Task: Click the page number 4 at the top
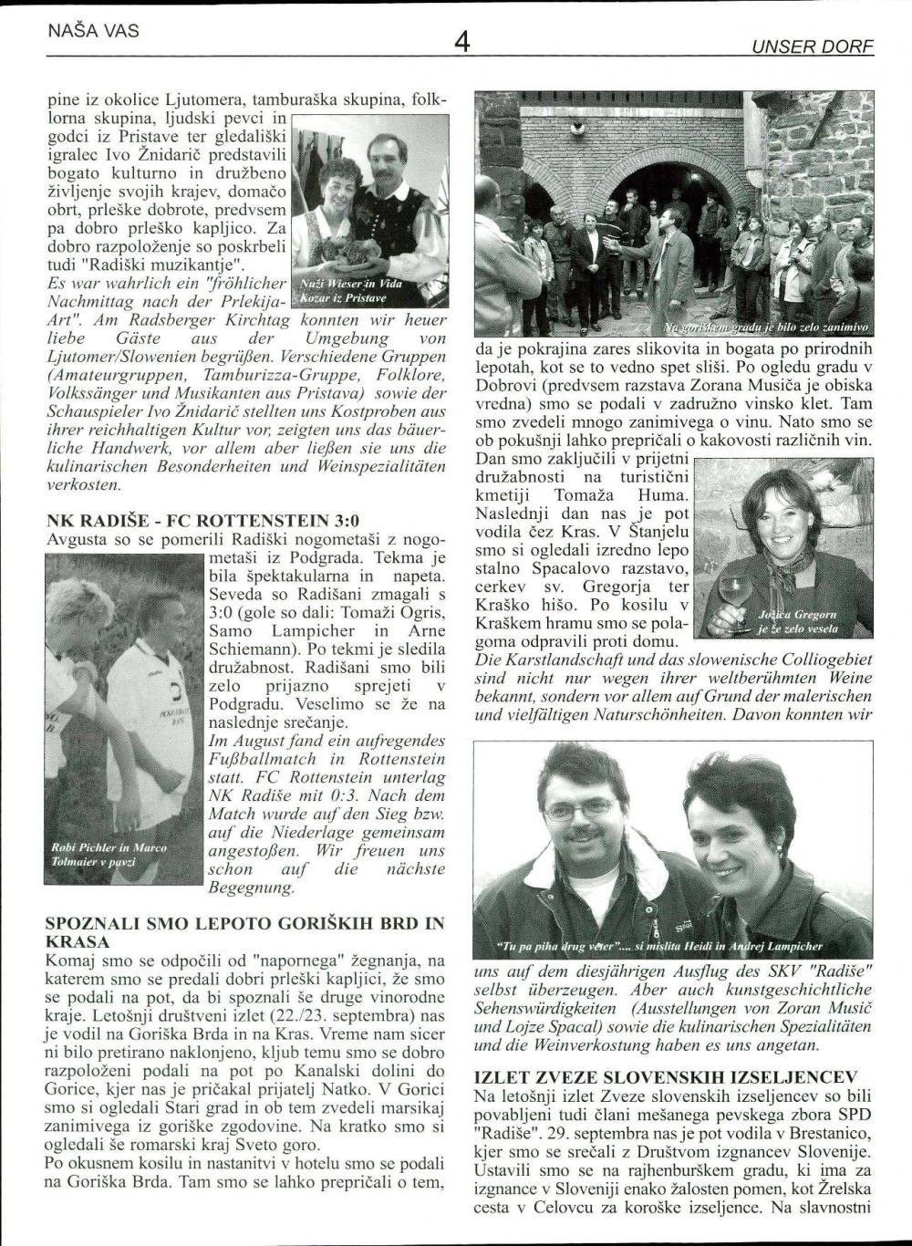tap(461, 41)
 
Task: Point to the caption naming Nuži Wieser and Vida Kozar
tap(350, 290)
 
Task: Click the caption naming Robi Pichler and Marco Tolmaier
tap(109, 854)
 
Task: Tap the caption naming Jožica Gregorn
tap(797, 622)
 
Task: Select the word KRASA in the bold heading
tap(78, 941)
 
